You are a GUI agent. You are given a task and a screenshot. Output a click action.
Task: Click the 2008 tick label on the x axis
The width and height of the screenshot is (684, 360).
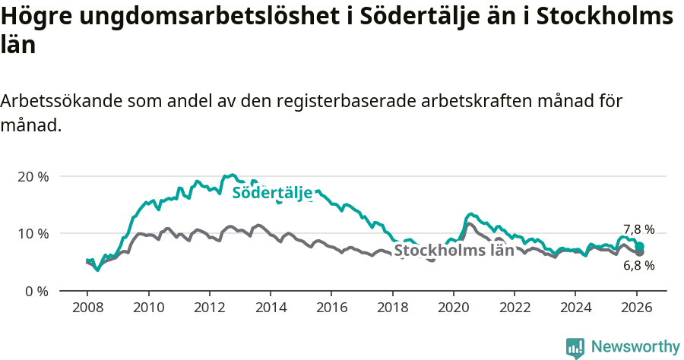(87, 308)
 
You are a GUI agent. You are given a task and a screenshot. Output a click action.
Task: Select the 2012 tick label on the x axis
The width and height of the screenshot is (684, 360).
(209, 308)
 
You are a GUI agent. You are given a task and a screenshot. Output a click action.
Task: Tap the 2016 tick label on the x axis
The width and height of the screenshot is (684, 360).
(331, 308)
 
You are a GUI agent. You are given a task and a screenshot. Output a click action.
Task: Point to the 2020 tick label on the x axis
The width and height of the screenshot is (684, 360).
(454, 308)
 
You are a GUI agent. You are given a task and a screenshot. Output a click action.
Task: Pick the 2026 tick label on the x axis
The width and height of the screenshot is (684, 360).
(636, 308)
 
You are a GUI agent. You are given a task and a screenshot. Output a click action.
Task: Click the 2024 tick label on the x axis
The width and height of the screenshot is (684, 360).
(575, 308)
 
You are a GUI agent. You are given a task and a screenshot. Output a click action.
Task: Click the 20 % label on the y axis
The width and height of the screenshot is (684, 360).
(33, 176)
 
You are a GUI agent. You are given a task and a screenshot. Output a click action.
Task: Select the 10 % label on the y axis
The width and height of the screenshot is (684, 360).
(33, 233)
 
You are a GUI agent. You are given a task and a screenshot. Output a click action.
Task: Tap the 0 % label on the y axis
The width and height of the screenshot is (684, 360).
(36, 291)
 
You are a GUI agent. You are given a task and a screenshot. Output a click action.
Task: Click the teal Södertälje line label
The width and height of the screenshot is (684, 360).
(272, 193)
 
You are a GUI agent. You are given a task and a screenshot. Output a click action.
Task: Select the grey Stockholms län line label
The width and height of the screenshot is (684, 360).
(454, 251)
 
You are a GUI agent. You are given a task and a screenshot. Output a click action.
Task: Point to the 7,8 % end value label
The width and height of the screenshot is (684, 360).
(638, 229)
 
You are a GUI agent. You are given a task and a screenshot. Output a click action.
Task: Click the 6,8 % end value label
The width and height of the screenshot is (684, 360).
(638, 266)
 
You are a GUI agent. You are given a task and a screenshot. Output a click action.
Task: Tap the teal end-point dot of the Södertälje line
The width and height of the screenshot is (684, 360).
(640, 246)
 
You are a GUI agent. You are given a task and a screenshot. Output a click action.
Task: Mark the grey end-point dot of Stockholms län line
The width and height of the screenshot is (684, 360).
(640, 252)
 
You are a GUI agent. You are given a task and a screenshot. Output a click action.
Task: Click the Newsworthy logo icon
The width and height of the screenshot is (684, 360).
(575, 347)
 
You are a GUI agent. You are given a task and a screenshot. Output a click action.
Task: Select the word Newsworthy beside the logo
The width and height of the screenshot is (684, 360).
(635, 347)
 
